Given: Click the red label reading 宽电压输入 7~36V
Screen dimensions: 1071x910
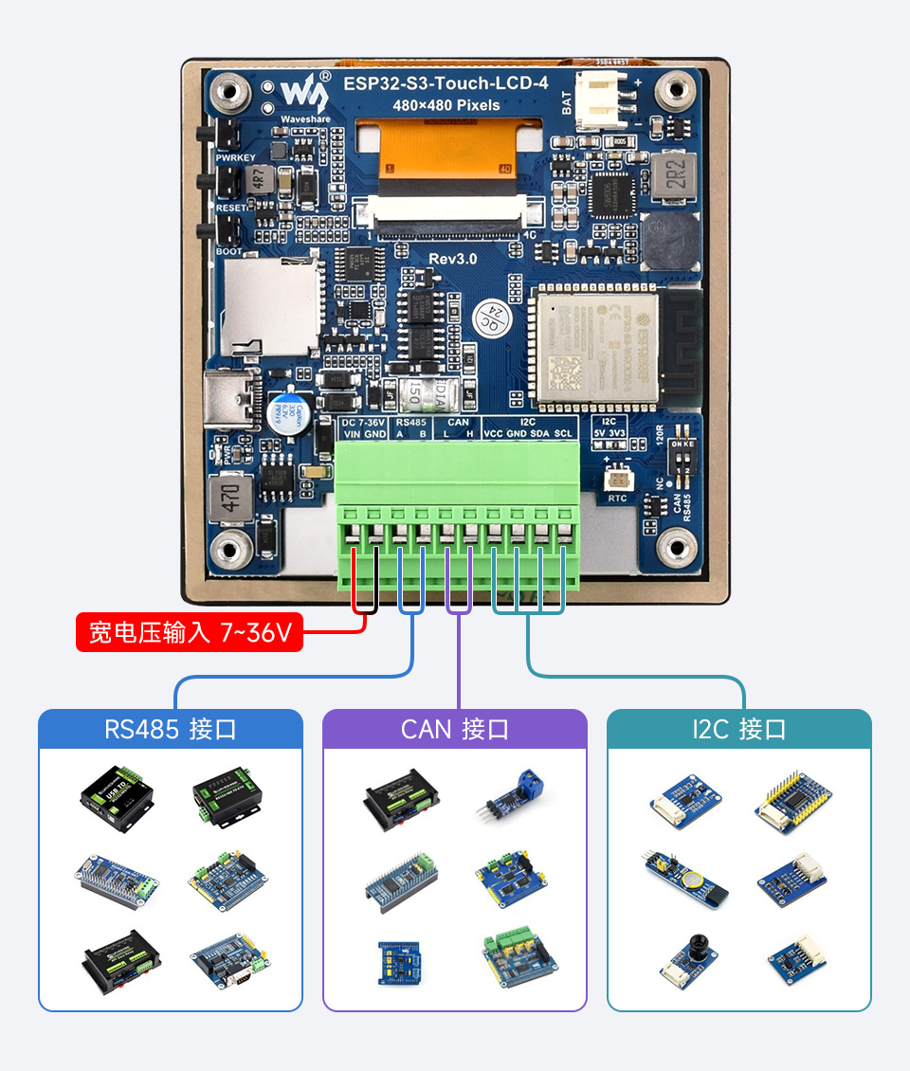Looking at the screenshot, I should (190, 632).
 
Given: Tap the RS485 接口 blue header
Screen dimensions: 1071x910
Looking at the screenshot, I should (171, 730).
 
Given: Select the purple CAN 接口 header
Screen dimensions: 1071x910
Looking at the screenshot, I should (455, 730).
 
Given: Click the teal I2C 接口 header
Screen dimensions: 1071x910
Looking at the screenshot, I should (738, 730).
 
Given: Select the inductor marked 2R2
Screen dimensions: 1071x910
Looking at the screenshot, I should (675, 177).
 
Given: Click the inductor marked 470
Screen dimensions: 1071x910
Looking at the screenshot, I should (229, 498).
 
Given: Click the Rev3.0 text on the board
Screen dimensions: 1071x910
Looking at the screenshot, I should (453, 259).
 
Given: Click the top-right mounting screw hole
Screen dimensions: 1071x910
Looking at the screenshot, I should (677, 92).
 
